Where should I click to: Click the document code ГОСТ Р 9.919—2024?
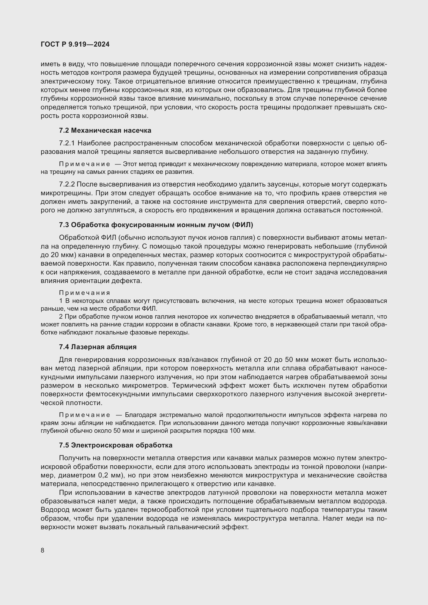point(75,44)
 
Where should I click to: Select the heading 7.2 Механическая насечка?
point(105,130)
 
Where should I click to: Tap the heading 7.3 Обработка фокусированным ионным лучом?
point(156,225)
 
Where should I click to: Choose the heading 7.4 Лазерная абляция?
point(98,347)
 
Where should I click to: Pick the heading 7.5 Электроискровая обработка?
point(116,445)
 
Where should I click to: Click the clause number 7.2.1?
point(67,143)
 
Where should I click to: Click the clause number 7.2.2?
point(67,184)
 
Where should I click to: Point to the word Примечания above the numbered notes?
point(84,293)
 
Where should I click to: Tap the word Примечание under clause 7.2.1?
point(84,164)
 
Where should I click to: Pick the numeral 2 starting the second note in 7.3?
point(61,316)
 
